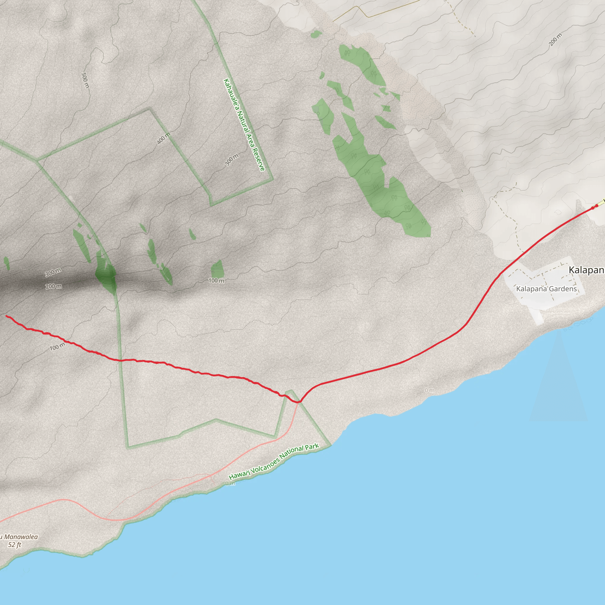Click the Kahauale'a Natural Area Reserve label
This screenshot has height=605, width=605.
click(x=244, y=125)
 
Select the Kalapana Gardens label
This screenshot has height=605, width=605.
click(x=546, y=289)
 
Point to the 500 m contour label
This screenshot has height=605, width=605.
click(x=85, y=80)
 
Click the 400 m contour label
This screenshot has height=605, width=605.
click(x=163, y=138)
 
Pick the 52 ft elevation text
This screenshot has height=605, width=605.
click(x=15, y=544)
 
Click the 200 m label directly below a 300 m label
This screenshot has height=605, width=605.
click(x=53, y=286)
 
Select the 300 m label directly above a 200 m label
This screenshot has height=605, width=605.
click(x=53, y=272)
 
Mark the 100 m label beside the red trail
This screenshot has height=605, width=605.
click(x=58, y=347)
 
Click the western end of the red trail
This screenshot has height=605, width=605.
click(x=6, y=316)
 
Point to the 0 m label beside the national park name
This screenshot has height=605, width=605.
click(x=230, y=484)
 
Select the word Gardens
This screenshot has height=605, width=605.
click(x=563, y=289)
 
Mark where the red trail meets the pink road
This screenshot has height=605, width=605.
click(x=299, y=401)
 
